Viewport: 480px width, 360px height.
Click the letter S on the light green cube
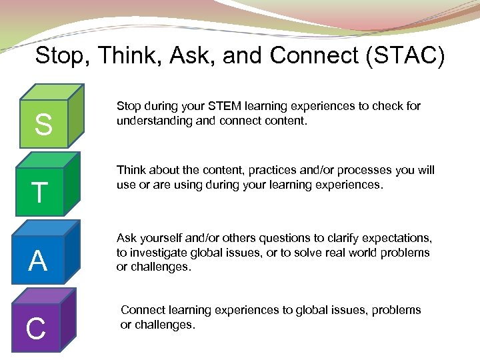tap(43, 125)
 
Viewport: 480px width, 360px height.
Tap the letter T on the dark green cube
tap(40, 193)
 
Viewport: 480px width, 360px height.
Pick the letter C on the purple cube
tap(35, 328)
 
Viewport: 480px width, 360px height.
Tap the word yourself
tap(165, 238)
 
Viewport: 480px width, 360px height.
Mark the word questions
tap(279, 238)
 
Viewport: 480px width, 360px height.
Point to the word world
tap(383, 253)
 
